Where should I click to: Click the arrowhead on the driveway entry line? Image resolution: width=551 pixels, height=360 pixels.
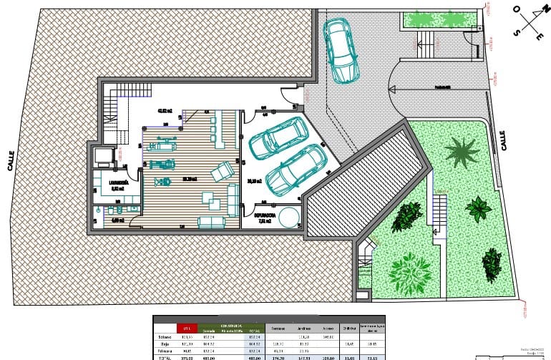tap(391, 89)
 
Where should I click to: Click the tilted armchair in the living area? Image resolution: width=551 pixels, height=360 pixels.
tap(222, 170)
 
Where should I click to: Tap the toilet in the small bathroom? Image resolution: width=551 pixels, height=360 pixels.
tap(116, 210)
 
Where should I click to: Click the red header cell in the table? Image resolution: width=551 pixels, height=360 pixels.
tap(187, 328)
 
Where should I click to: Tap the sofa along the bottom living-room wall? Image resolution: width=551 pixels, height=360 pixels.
tap(210, 221)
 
